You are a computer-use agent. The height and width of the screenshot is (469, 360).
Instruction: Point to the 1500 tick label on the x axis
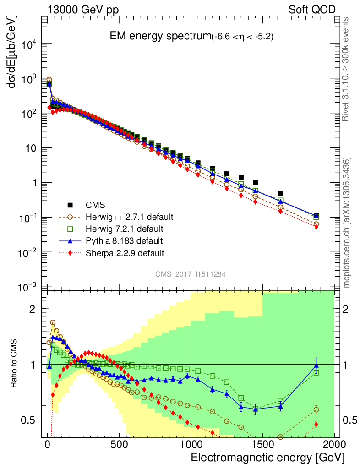click(262, 445)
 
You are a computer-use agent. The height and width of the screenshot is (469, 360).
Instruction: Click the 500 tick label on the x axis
click(119, 445)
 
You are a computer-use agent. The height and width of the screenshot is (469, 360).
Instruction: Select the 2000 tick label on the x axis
click(334, 445)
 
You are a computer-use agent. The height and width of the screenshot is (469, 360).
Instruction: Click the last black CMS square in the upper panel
click(316, 216)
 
